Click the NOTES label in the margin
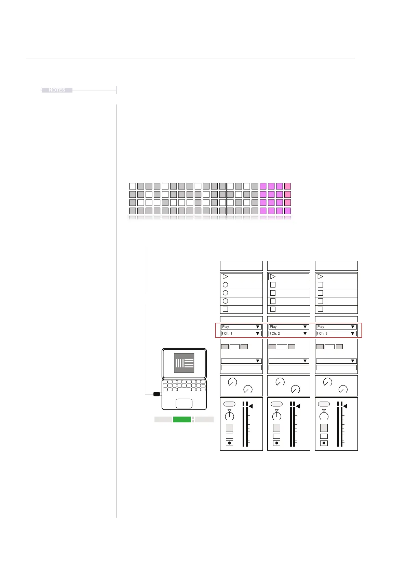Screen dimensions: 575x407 pos(57,90)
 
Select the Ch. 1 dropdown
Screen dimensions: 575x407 pos(241,334)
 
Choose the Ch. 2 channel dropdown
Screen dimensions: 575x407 pos(289,334)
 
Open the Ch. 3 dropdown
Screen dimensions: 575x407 pos(336,334)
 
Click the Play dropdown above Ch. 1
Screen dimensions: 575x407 pos(241,327)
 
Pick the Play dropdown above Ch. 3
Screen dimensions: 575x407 pos(336,327)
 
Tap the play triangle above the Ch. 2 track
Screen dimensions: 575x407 pos(273,277)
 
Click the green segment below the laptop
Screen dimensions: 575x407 pos(182,420)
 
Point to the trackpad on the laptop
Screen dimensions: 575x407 pos(184,404)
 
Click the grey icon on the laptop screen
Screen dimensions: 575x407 pos(184,363)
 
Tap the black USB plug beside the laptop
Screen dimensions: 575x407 pos(157,394)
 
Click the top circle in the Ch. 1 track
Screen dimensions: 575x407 pos(225,285)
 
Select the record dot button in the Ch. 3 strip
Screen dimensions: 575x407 pos(324,443)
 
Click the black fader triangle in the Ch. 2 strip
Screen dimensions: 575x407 pos(298,406)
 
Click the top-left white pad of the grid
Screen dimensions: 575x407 pos(133,186)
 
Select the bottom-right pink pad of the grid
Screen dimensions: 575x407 pos(288,211)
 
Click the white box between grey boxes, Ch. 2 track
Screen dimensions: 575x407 pos(282,347)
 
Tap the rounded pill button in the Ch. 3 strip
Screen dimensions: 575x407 pos(324,404)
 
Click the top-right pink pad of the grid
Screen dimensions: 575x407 pos(288,186)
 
